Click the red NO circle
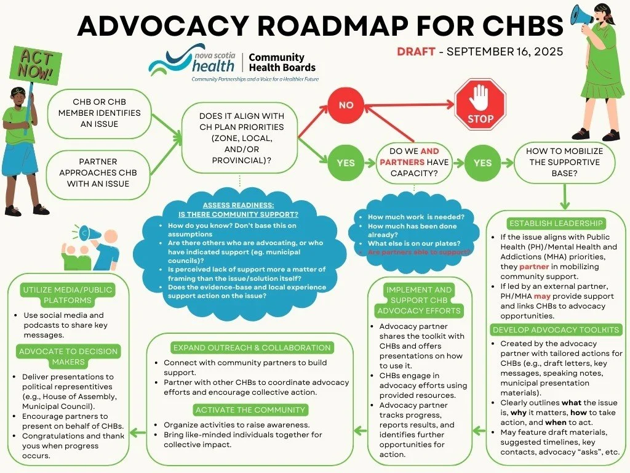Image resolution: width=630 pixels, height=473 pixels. click(x=346, y=105)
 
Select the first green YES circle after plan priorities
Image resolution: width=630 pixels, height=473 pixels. click(x=346, y=163)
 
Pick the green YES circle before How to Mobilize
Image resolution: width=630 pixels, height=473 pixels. click(x=483, y=163)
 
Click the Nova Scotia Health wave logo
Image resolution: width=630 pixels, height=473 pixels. click(x=169, y=63)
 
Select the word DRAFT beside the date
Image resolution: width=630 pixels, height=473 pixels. click(x=416, y=51)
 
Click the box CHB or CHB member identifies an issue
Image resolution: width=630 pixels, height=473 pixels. click(x=98, y=113)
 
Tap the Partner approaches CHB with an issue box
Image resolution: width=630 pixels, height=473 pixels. click(x=98, y=172)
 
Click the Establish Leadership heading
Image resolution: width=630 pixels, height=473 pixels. click(x=556, y=223)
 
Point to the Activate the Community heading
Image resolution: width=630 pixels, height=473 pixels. click(x=250, y=410)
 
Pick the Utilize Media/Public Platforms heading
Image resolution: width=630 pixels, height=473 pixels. click(x=68, y=295)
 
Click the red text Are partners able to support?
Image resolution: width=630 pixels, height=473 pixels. click(x=419, y=252)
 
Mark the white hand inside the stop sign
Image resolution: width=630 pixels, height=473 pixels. click(x=480, y=95)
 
